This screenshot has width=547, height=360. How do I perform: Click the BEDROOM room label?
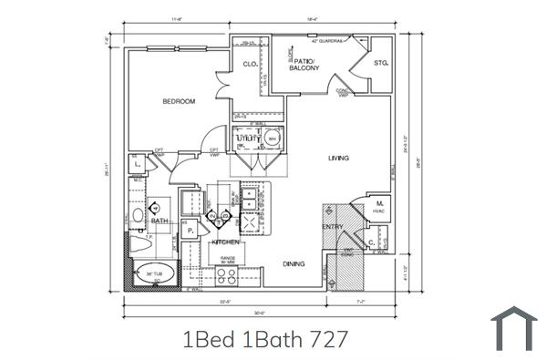point(180,101)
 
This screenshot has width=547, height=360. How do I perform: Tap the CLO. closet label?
point(249,64)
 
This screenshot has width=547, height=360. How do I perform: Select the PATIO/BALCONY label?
point(302,65)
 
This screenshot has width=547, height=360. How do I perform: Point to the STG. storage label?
point(380,63)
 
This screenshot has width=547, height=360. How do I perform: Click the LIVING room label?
point(339,158)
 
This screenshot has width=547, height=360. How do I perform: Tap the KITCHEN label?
point(225,242)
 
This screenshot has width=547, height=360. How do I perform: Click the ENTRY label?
point(332,226)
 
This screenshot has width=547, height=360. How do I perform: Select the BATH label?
point(159,221)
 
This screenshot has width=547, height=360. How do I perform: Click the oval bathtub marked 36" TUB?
point(150,273)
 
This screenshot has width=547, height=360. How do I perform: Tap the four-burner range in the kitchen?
point(225,274)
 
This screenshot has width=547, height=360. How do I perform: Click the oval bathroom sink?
point(137,215)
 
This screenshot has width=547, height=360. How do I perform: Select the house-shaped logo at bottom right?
point(514,329)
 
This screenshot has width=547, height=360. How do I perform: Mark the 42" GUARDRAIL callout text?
point(328,41)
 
